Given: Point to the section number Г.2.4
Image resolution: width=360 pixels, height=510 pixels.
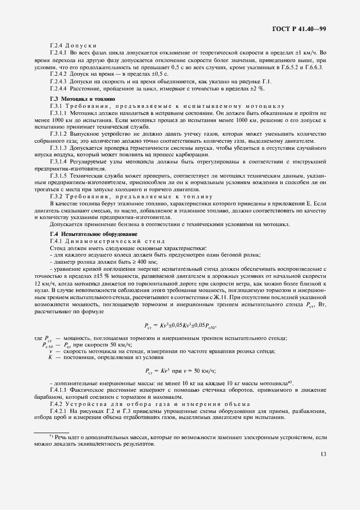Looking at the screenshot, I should point(57,45).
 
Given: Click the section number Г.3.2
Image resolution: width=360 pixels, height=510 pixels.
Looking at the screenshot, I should point(57,196).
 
